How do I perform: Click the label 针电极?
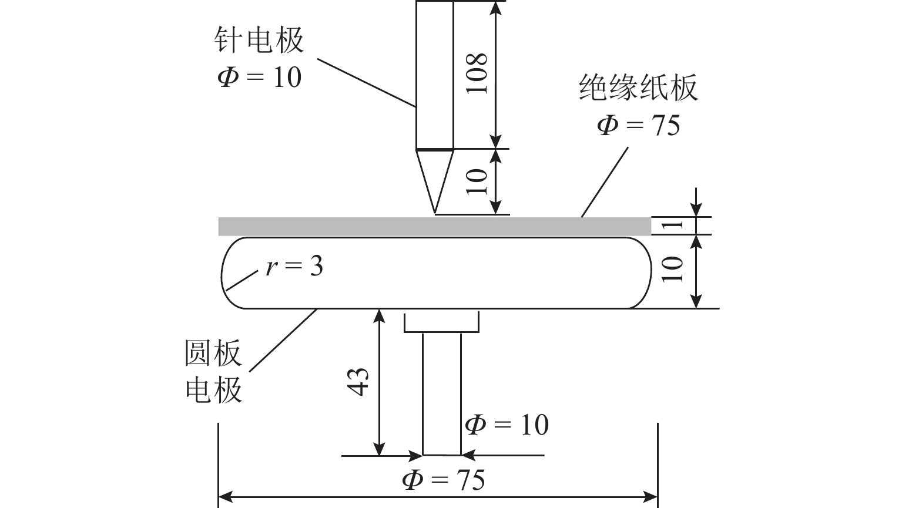click(259, 41)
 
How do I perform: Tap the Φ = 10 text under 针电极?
click(259, 76)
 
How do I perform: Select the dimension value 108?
click(477, 73)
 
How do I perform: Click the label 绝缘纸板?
click(638, 88)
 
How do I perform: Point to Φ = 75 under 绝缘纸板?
click(638, 125)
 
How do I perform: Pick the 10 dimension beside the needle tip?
click(477, 181)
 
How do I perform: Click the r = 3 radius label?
click(294, 267)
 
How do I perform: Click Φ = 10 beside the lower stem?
click(507, 424)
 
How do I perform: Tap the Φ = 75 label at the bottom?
click(444, 479)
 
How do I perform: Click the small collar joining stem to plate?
click(441, 322)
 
